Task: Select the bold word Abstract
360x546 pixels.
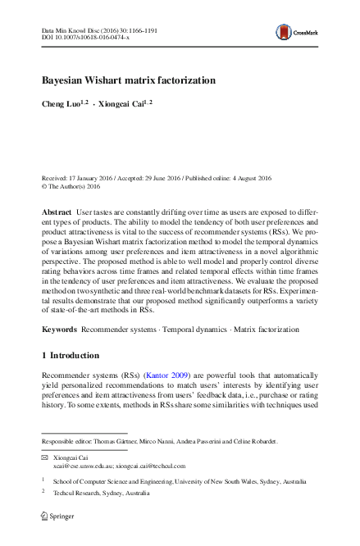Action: [57, 212]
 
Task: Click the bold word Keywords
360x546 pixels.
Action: [60, 330]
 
